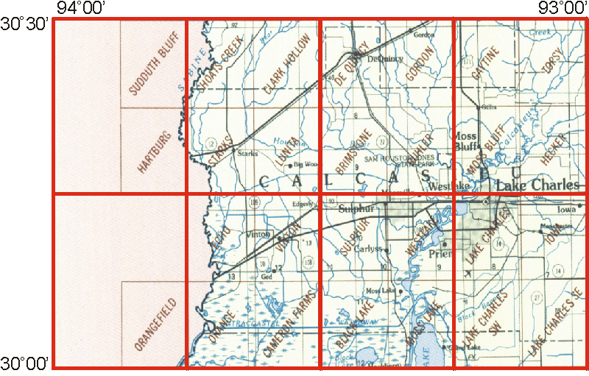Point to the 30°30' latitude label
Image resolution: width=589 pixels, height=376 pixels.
click(25, 25)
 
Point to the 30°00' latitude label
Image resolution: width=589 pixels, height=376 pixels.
click(25, 362)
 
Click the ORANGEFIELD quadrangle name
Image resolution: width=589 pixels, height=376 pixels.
click(155, 324)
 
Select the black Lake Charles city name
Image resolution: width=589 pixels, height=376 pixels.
click(537, 185)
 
